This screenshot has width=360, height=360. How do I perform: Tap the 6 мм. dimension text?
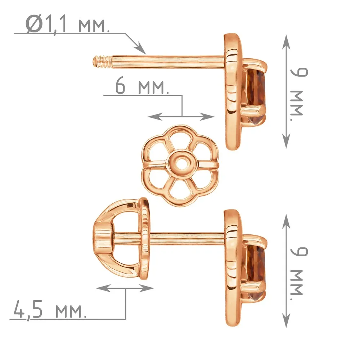pyautogui.click(x=142, y=86)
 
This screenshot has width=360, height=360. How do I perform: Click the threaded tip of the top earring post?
pyautogui.click(x=102, y=62)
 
